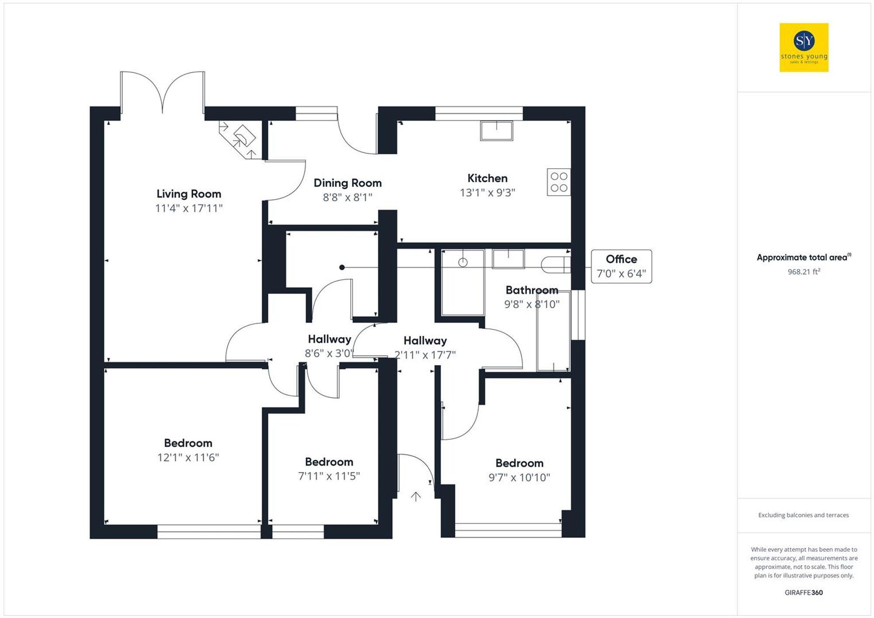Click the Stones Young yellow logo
point(804,47)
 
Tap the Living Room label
point(189,193)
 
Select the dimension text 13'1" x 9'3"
point(487,193)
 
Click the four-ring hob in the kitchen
point(558,182)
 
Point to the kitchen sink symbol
point(496,131)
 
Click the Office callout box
point(621,266)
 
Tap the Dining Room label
point(347,183)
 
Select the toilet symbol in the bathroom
point(555,265)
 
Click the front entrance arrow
point(416,496)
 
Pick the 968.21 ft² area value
point(804,272)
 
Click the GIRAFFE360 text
point(803,592)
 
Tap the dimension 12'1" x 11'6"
point(188,457)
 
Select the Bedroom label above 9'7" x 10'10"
point(519,463)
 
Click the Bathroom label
point(532,290)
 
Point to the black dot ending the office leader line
point(342,267)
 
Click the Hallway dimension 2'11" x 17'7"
point(425,355)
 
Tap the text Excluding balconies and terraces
point(803,515)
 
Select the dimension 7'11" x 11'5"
point(329,476)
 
